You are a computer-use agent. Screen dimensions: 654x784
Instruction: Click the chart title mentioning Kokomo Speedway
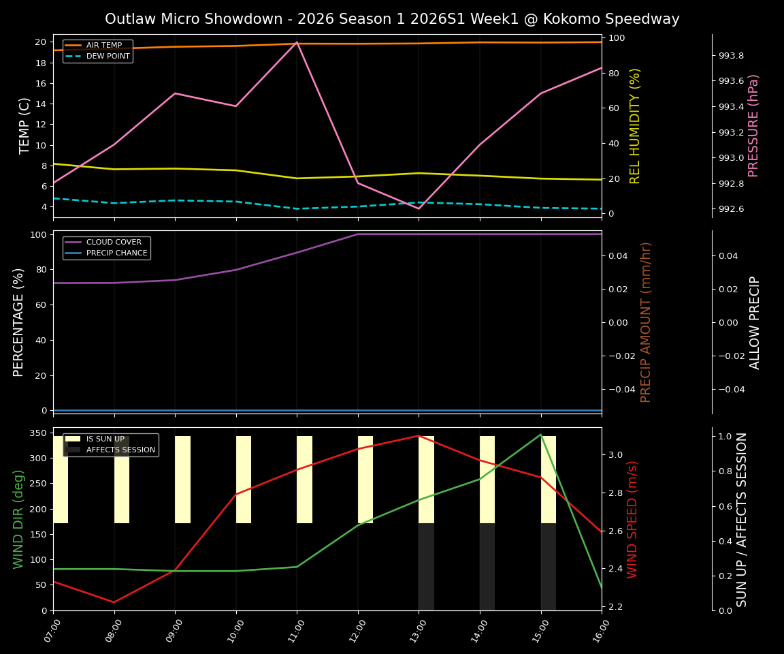[x=392, y=19]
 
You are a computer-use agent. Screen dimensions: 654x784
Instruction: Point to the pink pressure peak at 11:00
[x=297, y=42]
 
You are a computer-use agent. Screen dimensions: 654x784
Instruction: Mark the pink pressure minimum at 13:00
[x=419, y=208]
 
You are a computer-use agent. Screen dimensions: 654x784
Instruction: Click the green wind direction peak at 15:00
[x=541, y=435]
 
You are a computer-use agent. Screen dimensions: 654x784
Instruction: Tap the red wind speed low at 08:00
[x=114, y=602]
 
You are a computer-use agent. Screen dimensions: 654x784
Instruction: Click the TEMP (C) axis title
[x=24, y=125]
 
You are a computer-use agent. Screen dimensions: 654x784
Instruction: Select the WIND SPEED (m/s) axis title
[x=633, y=518]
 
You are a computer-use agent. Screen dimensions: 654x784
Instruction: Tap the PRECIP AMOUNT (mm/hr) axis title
[x=647, y=322]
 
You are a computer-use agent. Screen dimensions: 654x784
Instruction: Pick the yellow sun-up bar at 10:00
[x=244, y=480]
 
